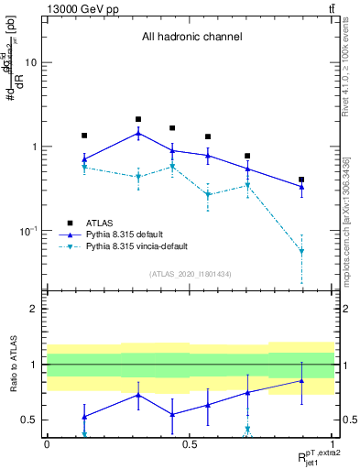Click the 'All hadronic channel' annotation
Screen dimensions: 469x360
click(191, 38)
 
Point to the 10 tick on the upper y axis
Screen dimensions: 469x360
click(30, 62)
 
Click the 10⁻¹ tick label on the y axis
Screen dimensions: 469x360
click(27, 231)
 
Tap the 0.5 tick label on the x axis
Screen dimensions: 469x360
click(190, 444)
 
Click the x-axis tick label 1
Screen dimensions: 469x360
click(332, 444)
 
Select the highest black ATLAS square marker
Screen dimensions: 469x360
click(138, 119)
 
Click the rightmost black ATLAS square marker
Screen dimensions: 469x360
click(301, 180)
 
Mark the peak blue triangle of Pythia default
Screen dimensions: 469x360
click(138, 133)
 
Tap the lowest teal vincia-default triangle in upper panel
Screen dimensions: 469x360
click(301, 251)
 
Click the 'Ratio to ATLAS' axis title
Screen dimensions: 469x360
click(12, 364)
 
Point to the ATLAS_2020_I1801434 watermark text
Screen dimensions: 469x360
click(191, 274)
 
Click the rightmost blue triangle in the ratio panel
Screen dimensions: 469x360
click(301, 380)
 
